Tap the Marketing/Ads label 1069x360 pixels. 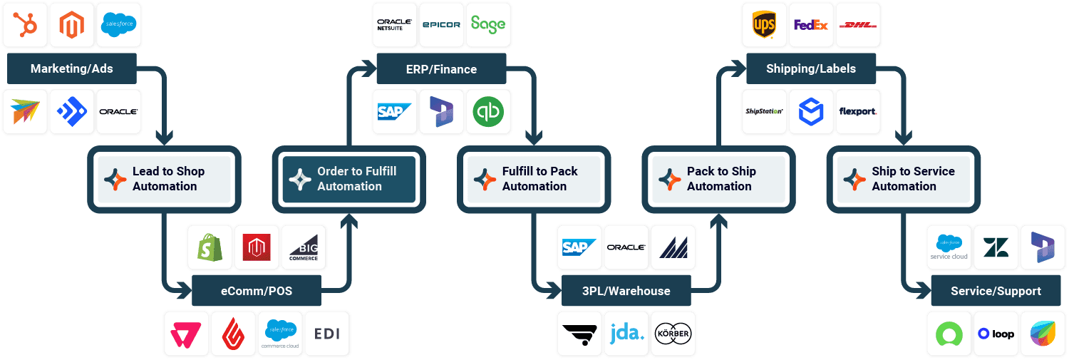click(71, 69)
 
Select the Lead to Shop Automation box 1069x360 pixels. click(164, 179)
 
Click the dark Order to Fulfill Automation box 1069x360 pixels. click(349, 179)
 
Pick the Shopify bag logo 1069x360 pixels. click(210, 247)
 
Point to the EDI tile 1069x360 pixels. click(327, 333)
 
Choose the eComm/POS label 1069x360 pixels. click(257, 291)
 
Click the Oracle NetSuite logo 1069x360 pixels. click(394, 25)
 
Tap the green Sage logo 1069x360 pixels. click(488, 25)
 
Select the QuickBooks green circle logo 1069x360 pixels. click(488, 112)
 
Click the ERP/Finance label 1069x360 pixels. click(441, 69)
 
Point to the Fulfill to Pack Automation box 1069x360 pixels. click(534, 179)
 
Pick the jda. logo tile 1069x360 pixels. click(626, 333)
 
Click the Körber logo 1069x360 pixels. click(673, 333)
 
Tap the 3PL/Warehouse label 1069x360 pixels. click(626, 291)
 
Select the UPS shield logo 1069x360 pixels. click(764, 25)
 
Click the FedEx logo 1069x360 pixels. click(811, 25)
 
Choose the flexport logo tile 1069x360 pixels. click(858, 112)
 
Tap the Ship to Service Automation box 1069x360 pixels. click(904, 179)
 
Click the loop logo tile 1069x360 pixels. click(996, 333)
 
